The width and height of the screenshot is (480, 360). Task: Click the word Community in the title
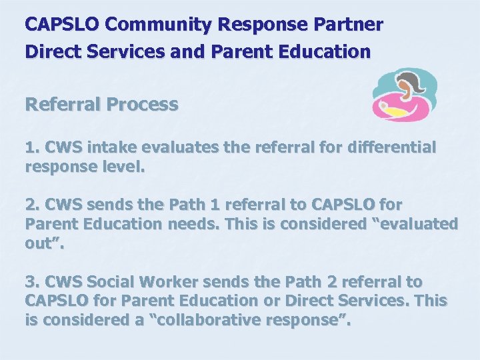tap(158, 25)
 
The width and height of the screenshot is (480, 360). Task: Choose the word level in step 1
tap(121, 167)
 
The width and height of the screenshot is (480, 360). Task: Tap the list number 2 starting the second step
tap(30, 204)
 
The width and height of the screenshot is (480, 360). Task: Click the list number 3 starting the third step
tap(30, 281)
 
